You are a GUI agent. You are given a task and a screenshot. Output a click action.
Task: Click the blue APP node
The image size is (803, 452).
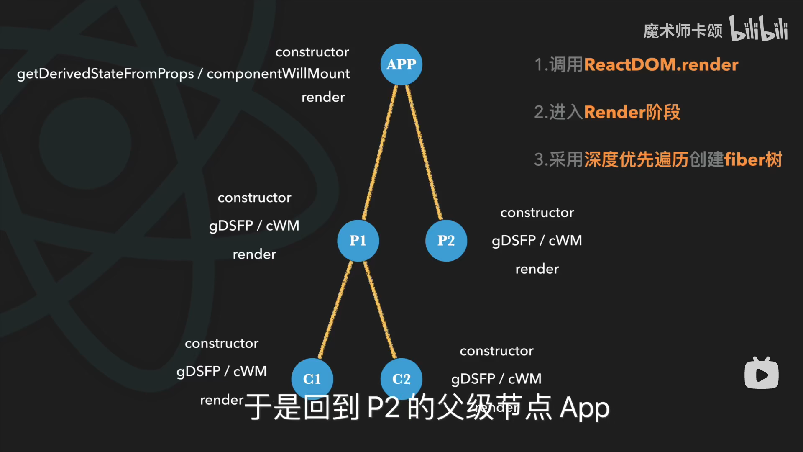click(401, 64)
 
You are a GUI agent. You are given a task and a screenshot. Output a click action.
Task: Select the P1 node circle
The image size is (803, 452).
click(358, 241)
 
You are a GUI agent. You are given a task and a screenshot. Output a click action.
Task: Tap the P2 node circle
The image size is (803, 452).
click(446, 241)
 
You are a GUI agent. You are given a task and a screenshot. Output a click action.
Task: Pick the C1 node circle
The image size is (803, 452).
click(312, 379)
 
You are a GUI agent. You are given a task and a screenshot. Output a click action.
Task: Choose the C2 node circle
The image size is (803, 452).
click(401, 379)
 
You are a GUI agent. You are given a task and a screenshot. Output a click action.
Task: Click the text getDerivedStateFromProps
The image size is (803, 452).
click(105, 74)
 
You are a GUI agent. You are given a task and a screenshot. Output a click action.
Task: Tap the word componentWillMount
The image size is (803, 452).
click(278, 74)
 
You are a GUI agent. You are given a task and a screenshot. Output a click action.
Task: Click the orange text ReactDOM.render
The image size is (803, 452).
click(661, 65)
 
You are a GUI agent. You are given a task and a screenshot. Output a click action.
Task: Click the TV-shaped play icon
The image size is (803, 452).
click(761, 373)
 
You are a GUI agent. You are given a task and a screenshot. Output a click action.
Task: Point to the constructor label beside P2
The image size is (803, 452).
click(537, 213)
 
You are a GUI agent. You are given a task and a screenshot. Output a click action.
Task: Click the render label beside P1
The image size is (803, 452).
click(254, 254)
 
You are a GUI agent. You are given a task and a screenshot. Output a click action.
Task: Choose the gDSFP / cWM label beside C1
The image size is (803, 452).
click(222, 372)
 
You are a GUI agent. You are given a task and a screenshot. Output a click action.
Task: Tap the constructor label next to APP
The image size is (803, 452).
click(312, 52)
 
